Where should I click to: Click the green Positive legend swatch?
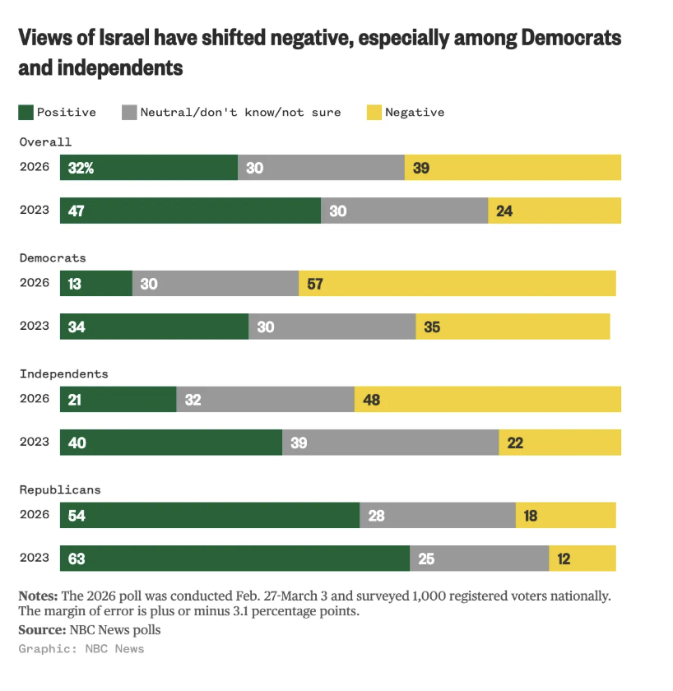coord(26,112)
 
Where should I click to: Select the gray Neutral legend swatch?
coord(129,112)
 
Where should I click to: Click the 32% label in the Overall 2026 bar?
coord(81,168)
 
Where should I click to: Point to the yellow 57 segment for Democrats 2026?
coord(457,284)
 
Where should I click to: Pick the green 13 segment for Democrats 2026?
coord(95,284)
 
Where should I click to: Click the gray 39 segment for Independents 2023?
coord(390,443)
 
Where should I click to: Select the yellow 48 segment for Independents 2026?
coord(487,400)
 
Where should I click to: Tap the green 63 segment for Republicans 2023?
coord(234,559)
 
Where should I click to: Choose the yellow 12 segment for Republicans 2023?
coord(582,559)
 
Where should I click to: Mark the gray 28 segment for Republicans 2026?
coord(437,516)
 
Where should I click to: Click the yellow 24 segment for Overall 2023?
coord(554,211)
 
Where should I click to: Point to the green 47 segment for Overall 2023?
coord(190,211)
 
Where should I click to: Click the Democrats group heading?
coord(53,257)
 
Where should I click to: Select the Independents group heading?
coord(63,373)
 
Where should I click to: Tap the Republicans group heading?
coord(60,489)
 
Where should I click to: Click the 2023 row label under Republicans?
coord(35,559)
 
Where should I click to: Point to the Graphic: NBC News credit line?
coord(81,649)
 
